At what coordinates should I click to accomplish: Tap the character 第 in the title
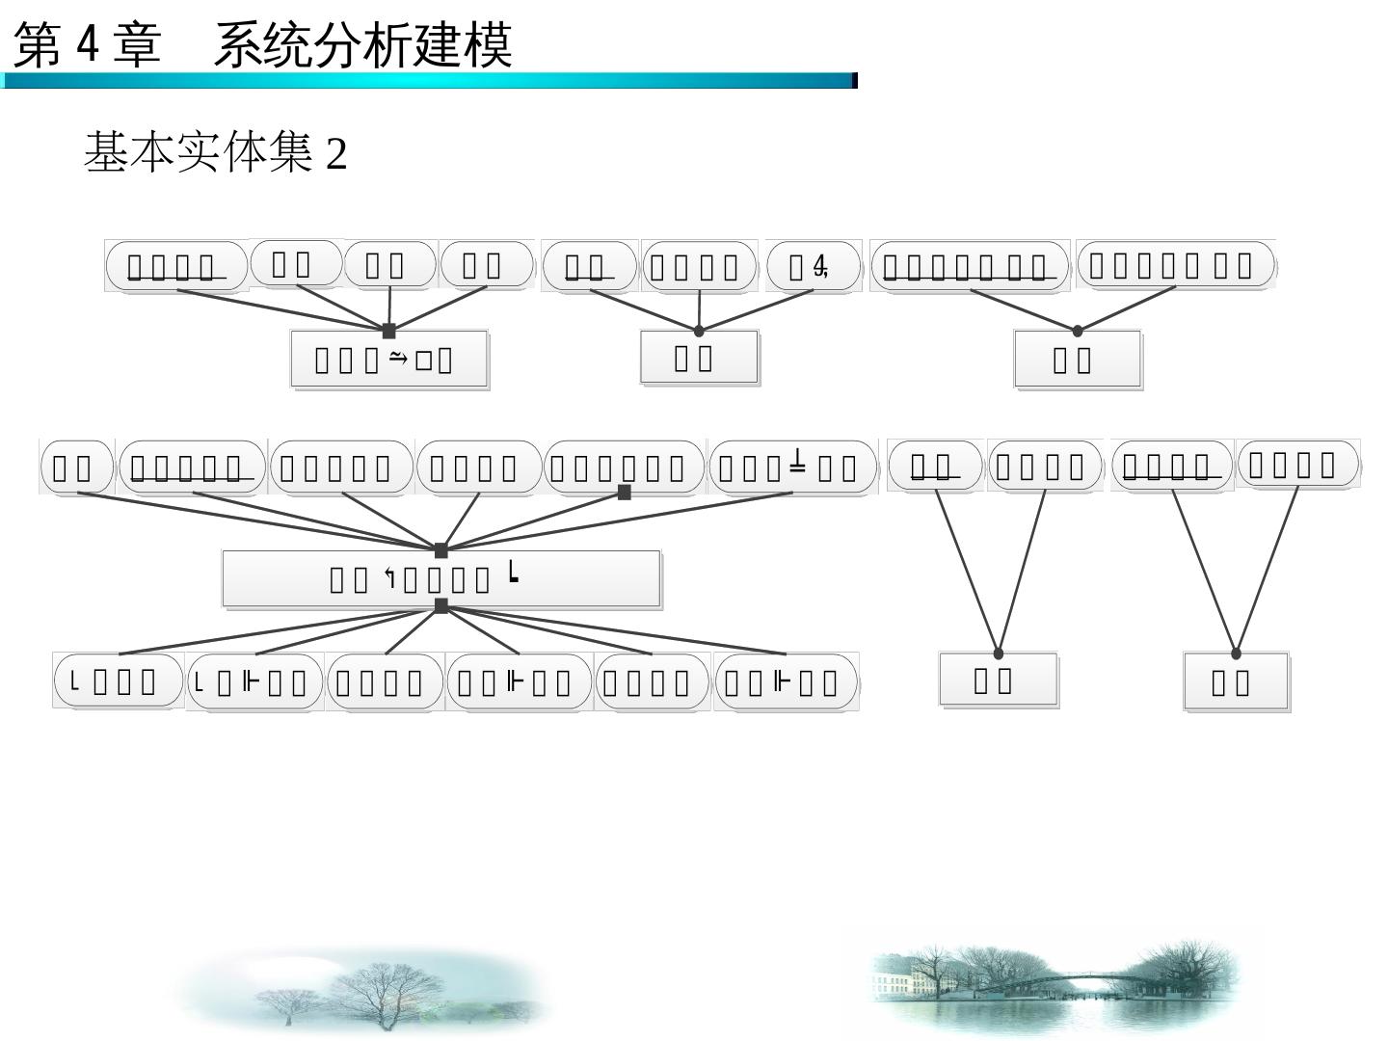click(x=37, y=45)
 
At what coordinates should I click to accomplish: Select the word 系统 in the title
click(x=261, y=45)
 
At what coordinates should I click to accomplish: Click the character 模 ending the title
click(x=488, y=45)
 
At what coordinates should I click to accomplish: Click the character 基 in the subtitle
click(x=106, y=152)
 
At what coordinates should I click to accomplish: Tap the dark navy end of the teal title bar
click(x=854, y=81)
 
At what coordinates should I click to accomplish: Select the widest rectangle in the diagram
click(x=441, y=578)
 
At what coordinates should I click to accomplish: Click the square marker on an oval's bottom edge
click(x=625, y=493)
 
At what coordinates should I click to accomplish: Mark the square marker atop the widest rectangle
click(x=441, y=551)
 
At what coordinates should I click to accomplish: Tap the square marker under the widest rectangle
click(x=441, y=605)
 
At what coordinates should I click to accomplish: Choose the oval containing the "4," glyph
click(x=813, y=266)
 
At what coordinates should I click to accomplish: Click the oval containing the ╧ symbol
click(x=792, y=467)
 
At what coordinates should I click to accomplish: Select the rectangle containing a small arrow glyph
click(x=389, y=360)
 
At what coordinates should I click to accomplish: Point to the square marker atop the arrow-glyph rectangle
click(x=389, y=331)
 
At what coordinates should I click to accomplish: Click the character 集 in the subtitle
click(x=291, y=152)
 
